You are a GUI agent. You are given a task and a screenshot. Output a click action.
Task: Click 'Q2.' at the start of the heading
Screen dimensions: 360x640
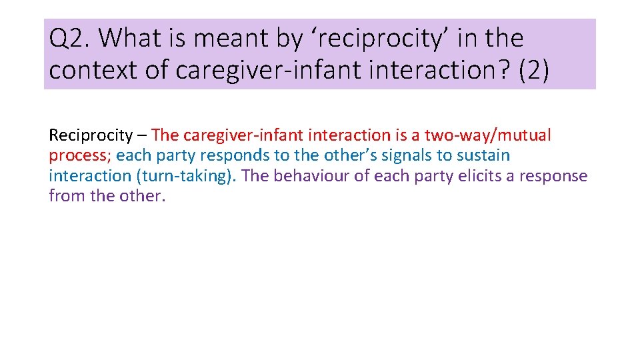point(69,39)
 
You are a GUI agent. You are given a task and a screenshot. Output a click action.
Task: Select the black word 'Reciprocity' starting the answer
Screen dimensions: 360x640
point(91,135)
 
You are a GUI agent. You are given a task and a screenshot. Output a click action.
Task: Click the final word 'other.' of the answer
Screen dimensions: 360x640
point(141,197)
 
